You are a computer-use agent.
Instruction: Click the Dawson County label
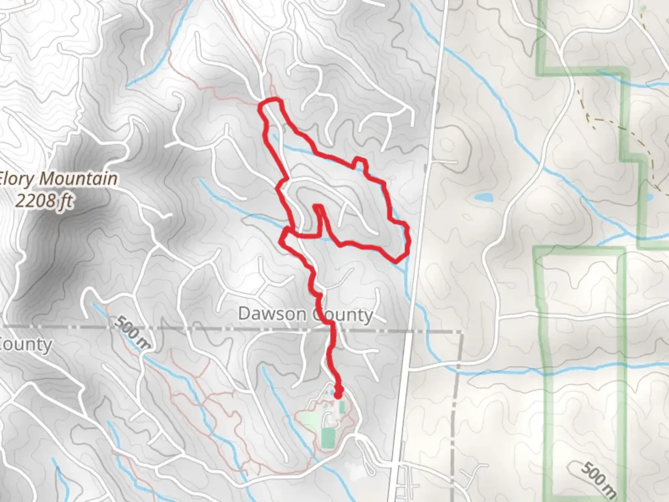tap(305, 315)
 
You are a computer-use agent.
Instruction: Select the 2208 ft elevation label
tap(44, 200)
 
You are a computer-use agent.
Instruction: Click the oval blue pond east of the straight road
tap(483, 198)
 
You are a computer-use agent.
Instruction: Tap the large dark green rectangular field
tap(328, 437)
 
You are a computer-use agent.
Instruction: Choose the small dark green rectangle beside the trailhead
tap(342, 408)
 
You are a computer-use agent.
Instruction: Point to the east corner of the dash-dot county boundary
tap(462, 332)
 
